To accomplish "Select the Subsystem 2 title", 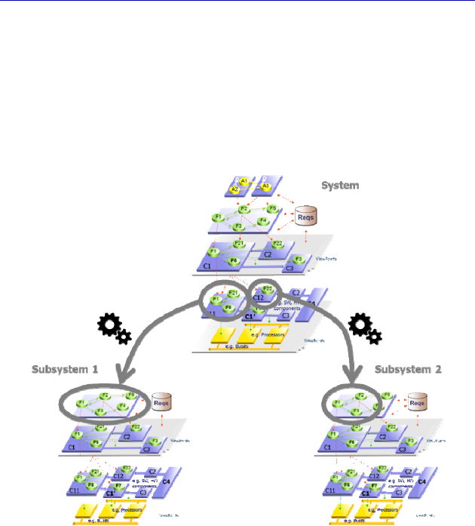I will pyautogui.click(x=408, y=370).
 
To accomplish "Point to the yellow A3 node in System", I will pyautogui.click(x=266, y=186).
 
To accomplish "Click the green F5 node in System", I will pyautogui.click(x=273, y=208).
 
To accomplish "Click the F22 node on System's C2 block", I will pyautogui.click(x=277, y=243).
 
